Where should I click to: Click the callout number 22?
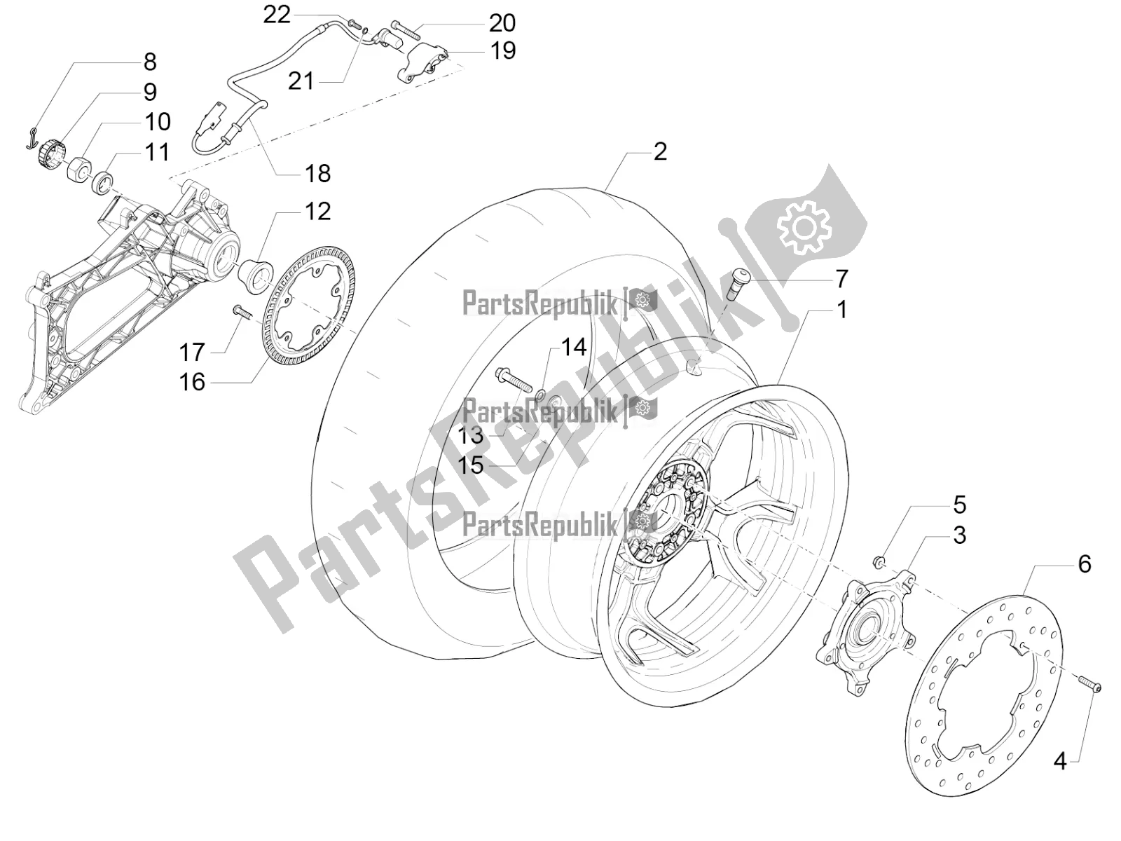coord(276,15)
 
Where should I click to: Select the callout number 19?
coord(502,50)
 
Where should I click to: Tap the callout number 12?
coord(317,211)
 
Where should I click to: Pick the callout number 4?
coord(1060,761)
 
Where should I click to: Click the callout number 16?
coord(192,382)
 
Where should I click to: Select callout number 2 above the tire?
coord(660,151)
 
